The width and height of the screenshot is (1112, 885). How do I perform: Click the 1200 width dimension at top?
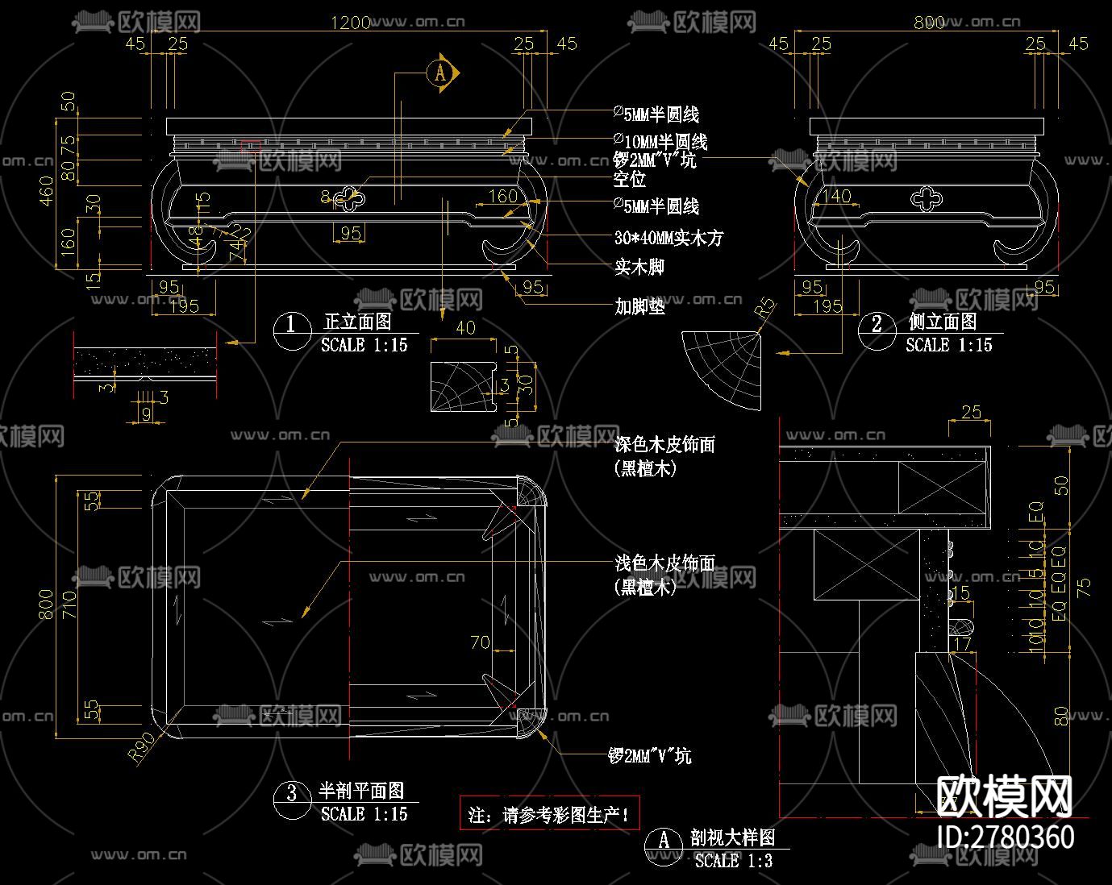(x=351, y=22)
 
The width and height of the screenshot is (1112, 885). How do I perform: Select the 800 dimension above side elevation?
(x=929, y=23)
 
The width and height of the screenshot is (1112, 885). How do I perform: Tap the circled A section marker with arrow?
(x=441, y=73)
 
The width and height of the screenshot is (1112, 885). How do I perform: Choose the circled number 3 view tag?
(x=291, y=794)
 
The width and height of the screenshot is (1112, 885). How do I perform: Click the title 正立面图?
(x=357, y=322)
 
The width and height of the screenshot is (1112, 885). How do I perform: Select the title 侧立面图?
(x=942, y=322)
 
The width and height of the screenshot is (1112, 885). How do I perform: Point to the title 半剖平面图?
(x=360, y=792)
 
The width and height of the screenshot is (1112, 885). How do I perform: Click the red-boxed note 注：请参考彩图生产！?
(x=548, y=814)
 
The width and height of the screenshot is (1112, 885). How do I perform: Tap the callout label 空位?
(x=629, y=178)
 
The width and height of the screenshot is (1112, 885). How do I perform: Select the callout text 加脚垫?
(x=639, y=306)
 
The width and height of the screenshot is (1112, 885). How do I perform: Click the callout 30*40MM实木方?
(x=668, y=238)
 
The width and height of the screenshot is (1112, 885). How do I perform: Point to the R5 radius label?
(x=764, y=310)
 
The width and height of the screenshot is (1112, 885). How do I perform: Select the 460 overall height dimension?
(x=47, y=191)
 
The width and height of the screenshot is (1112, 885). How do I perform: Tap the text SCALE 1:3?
(x=734, y=861)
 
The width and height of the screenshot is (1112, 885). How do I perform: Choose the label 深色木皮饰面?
(x=664, y=444)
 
